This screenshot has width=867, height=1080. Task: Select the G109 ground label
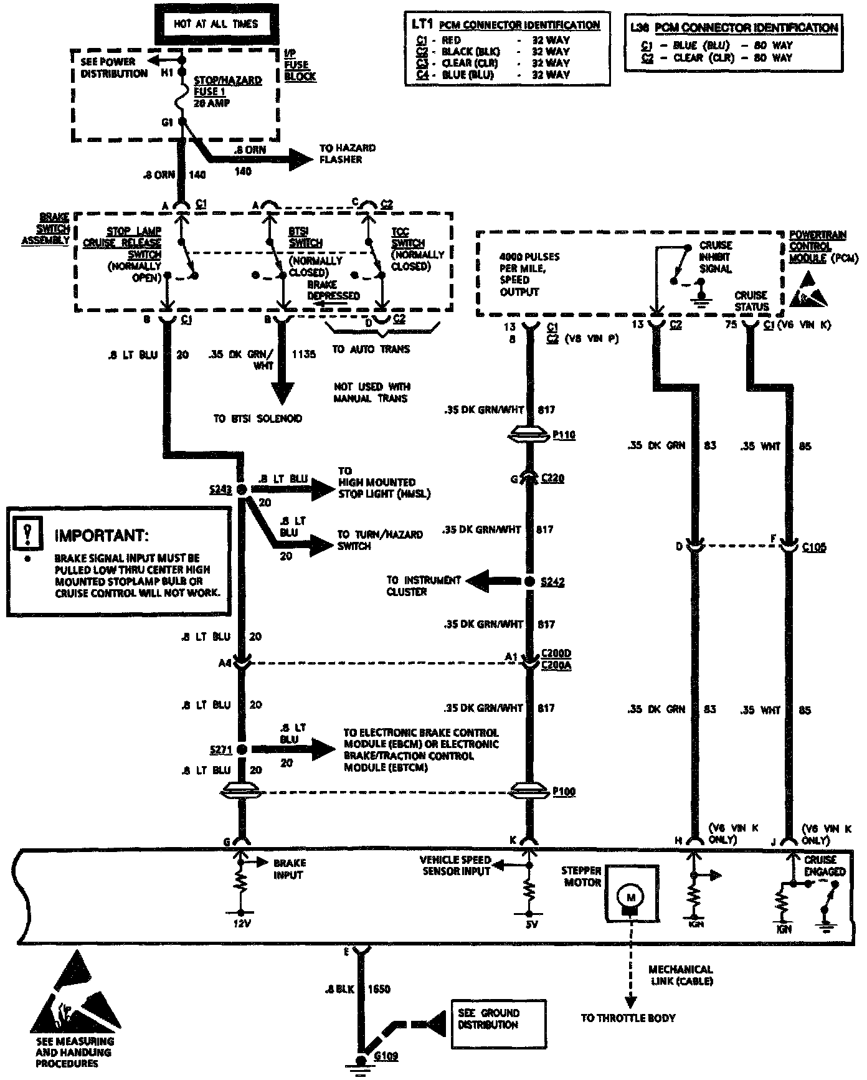pos(386,1056)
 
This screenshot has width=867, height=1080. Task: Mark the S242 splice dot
pos(529,582)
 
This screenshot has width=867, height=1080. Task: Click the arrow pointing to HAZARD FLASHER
pos(299,159)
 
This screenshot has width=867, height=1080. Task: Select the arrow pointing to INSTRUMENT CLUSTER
pos(483,582)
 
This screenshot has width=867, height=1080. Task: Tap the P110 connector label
pos(564,435)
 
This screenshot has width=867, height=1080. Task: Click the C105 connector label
pos(814,547)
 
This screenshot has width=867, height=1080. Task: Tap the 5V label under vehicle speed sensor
pos(531,924)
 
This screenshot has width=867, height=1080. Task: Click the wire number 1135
pos(303,354)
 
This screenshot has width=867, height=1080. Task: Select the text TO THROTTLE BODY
pos(628,1018)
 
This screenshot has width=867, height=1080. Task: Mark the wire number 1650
pos(379,989)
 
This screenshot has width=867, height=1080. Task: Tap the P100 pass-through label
pos(564,792)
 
